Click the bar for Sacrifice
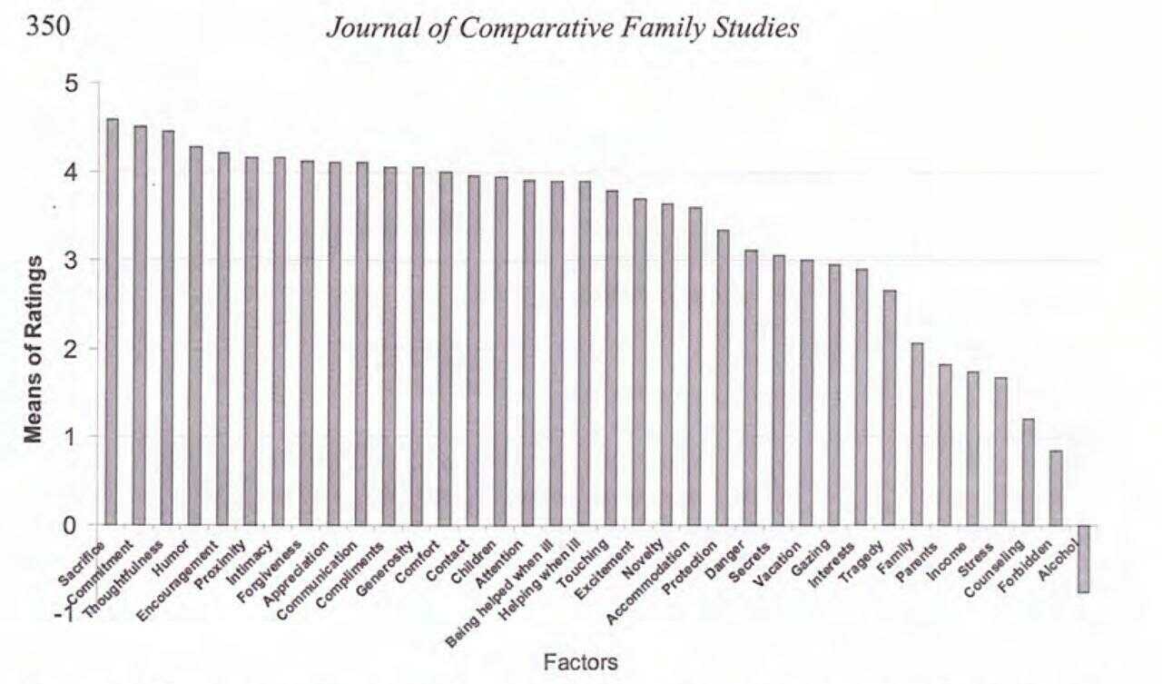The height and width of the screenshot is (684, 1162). click(112, 322)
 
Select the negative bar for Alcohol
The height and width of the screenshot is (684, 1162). click(1083, 559)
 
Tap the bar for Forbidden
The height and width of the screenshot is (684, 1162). click(1055, 488)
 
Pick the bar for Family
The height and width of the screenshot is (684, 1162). click(917, 433)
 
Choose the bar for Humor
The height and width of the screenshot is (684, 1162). click(195, 335)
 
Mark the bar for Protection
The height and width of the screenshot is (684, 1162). click(723, 377)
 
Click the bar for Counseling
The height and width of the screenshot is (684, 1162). click(1028, 471)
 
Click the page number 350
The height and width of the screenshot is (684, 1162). click(47, 27)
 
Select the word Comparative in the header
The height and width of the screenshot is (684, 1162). click(522, 28)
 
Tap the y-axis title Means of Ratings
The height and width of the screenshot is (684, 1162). click(34, 349)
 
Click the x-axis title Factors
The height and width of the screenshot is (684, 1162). click(580, 662)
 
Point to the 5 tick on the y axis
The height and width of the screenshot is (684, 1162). click(72, 84)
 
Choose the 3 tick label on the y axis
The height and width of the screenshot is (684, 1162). click(72, 260)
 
